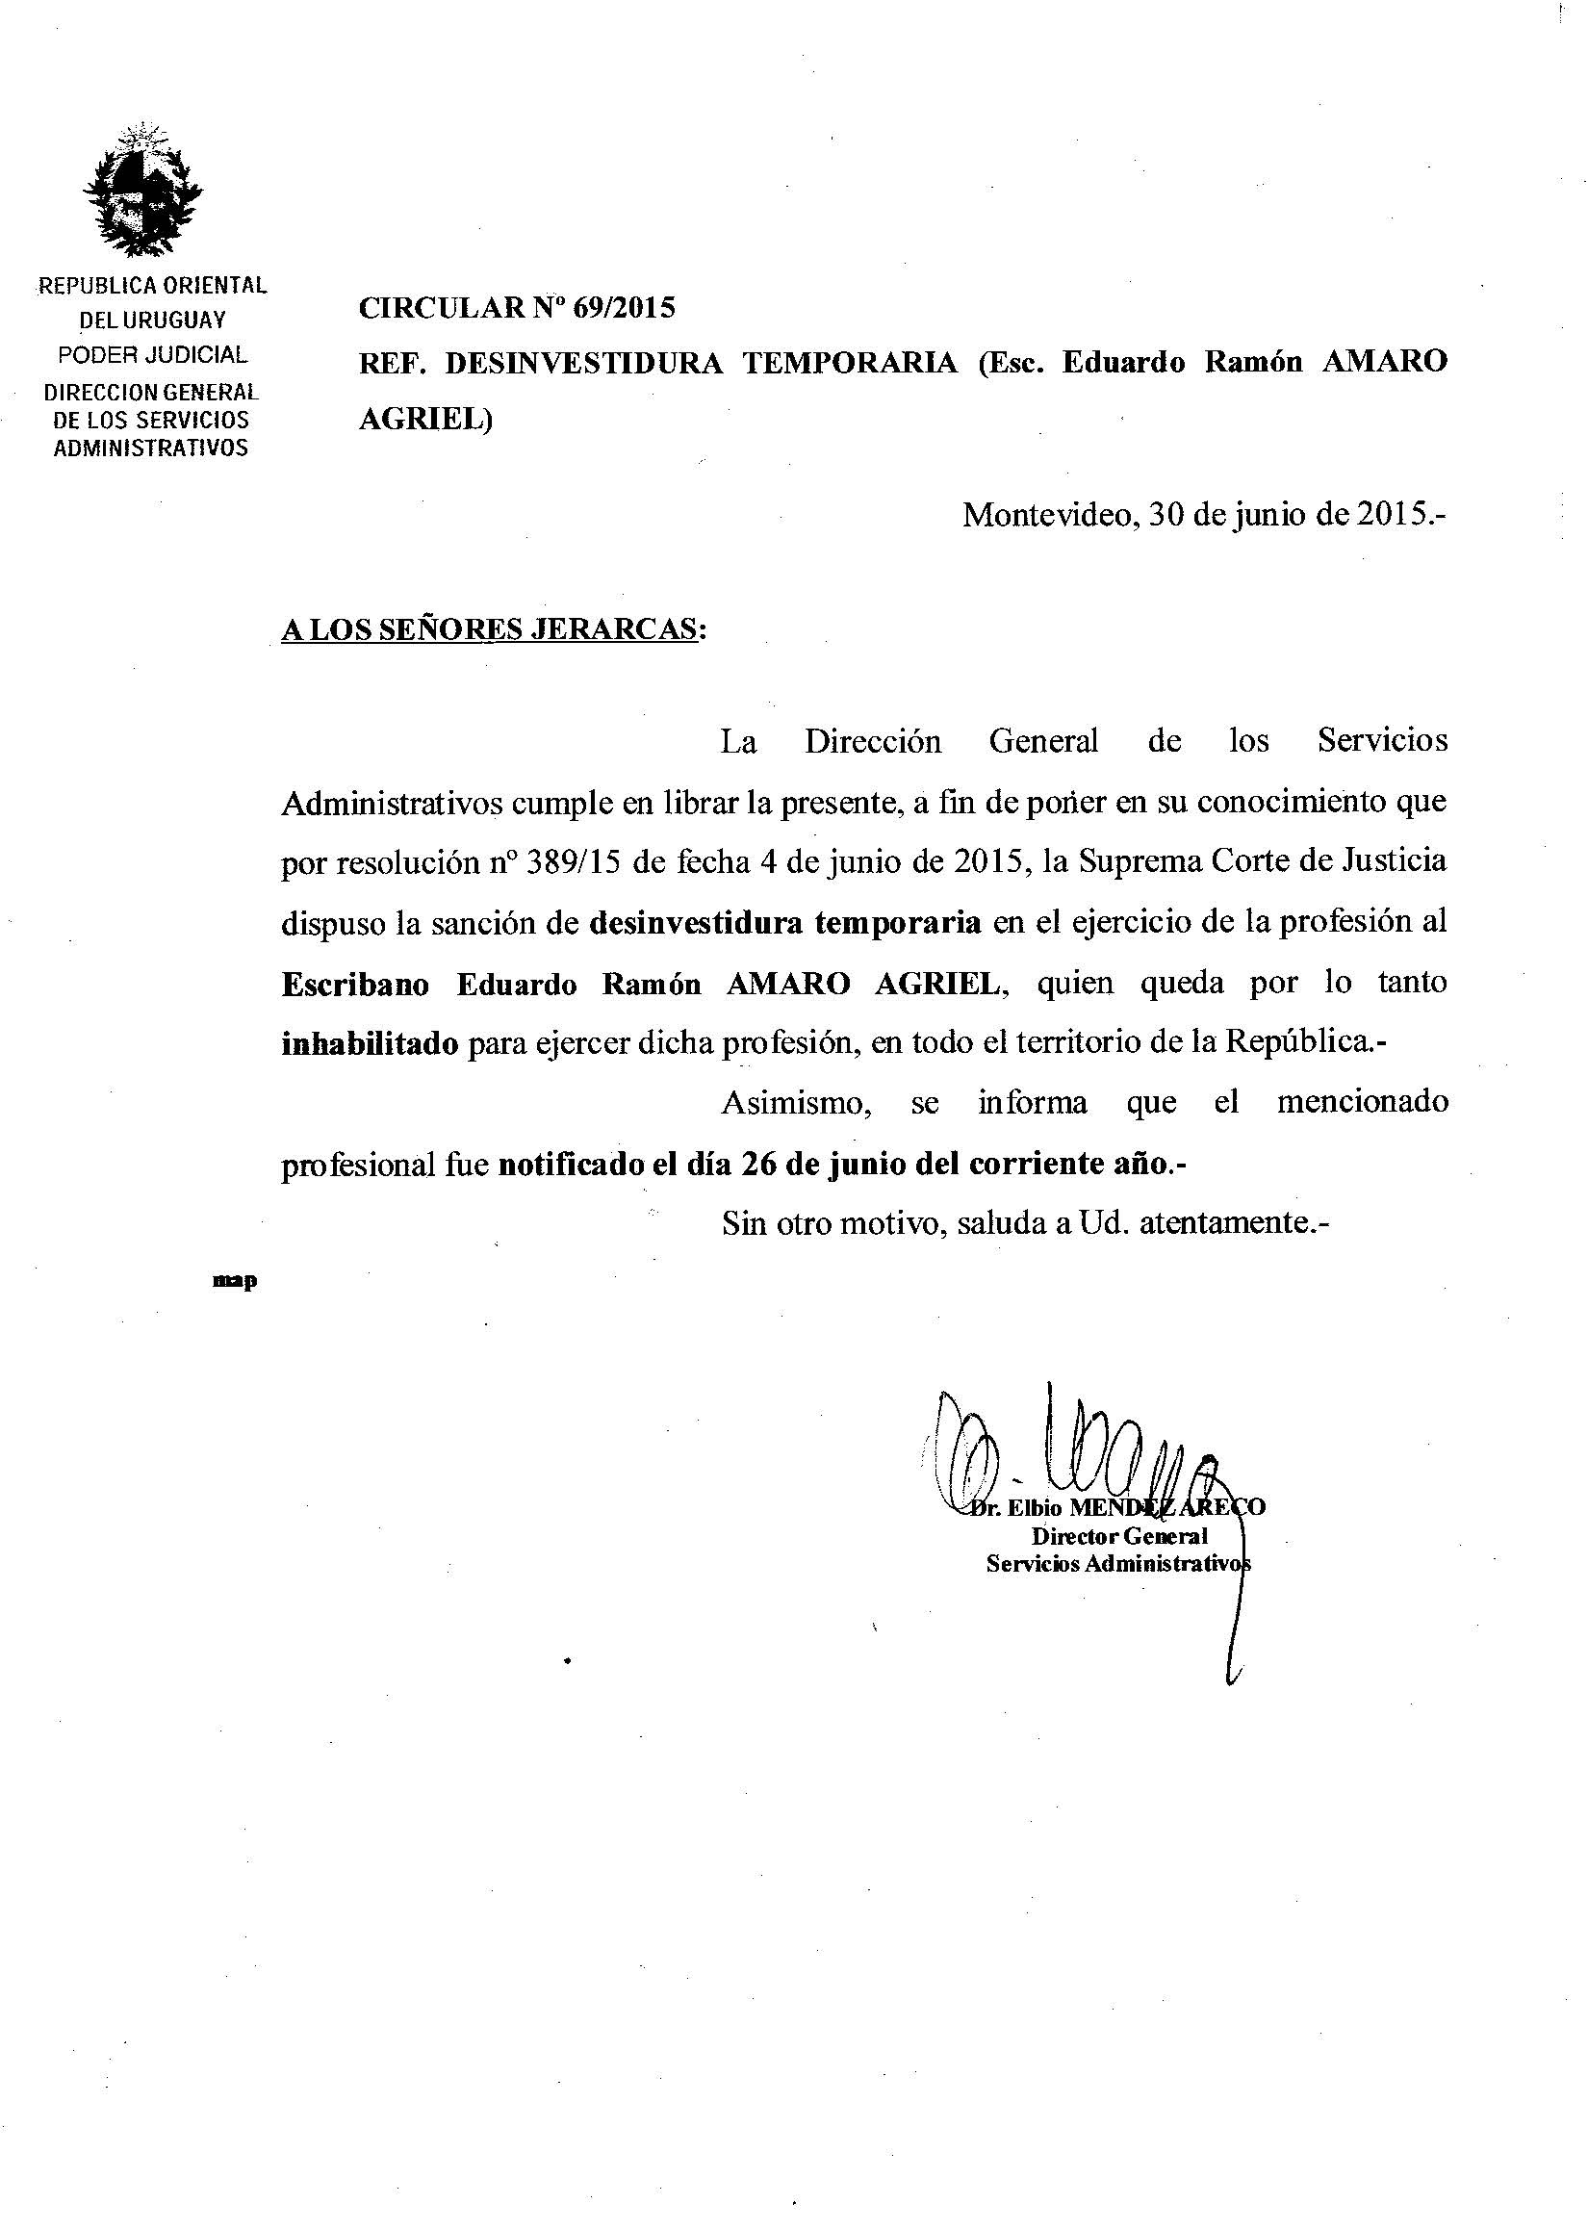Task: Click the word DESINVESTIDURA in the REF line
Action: (584, 363)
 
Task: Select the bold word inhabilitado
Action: (370, 1044)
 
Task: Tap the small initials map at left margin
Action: (235, 1281)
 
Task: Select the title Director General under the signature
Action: (1119, 1536)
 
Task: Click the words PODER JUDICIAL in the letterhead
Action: (152, 355)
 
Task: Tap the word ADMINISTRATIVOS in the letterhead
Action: (150, 449)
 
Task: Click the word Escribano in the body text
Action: (355, 985)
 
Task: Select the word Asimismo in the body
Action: (796, 1103)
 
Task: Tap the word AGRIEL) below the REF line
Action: (425, 419)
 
